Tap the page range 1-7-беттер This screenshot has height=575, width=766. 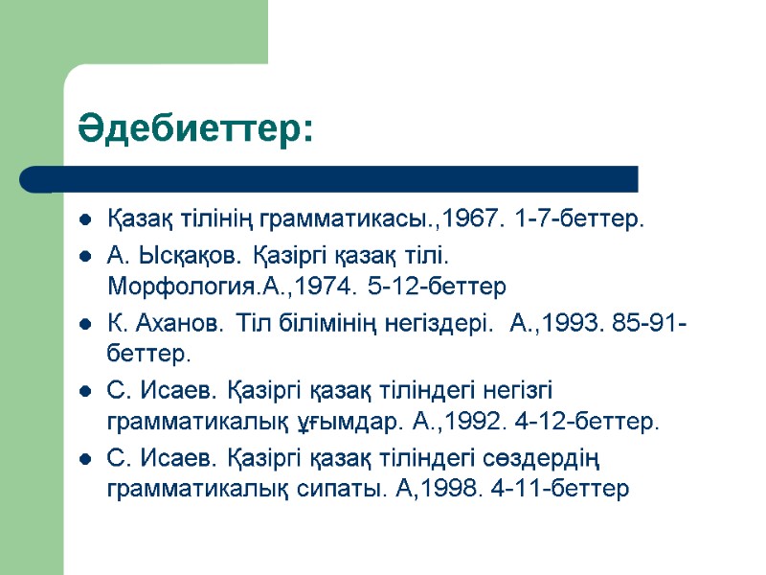click(579, 221)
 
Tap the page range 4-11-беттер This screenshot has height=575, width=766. click(574, 489)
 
